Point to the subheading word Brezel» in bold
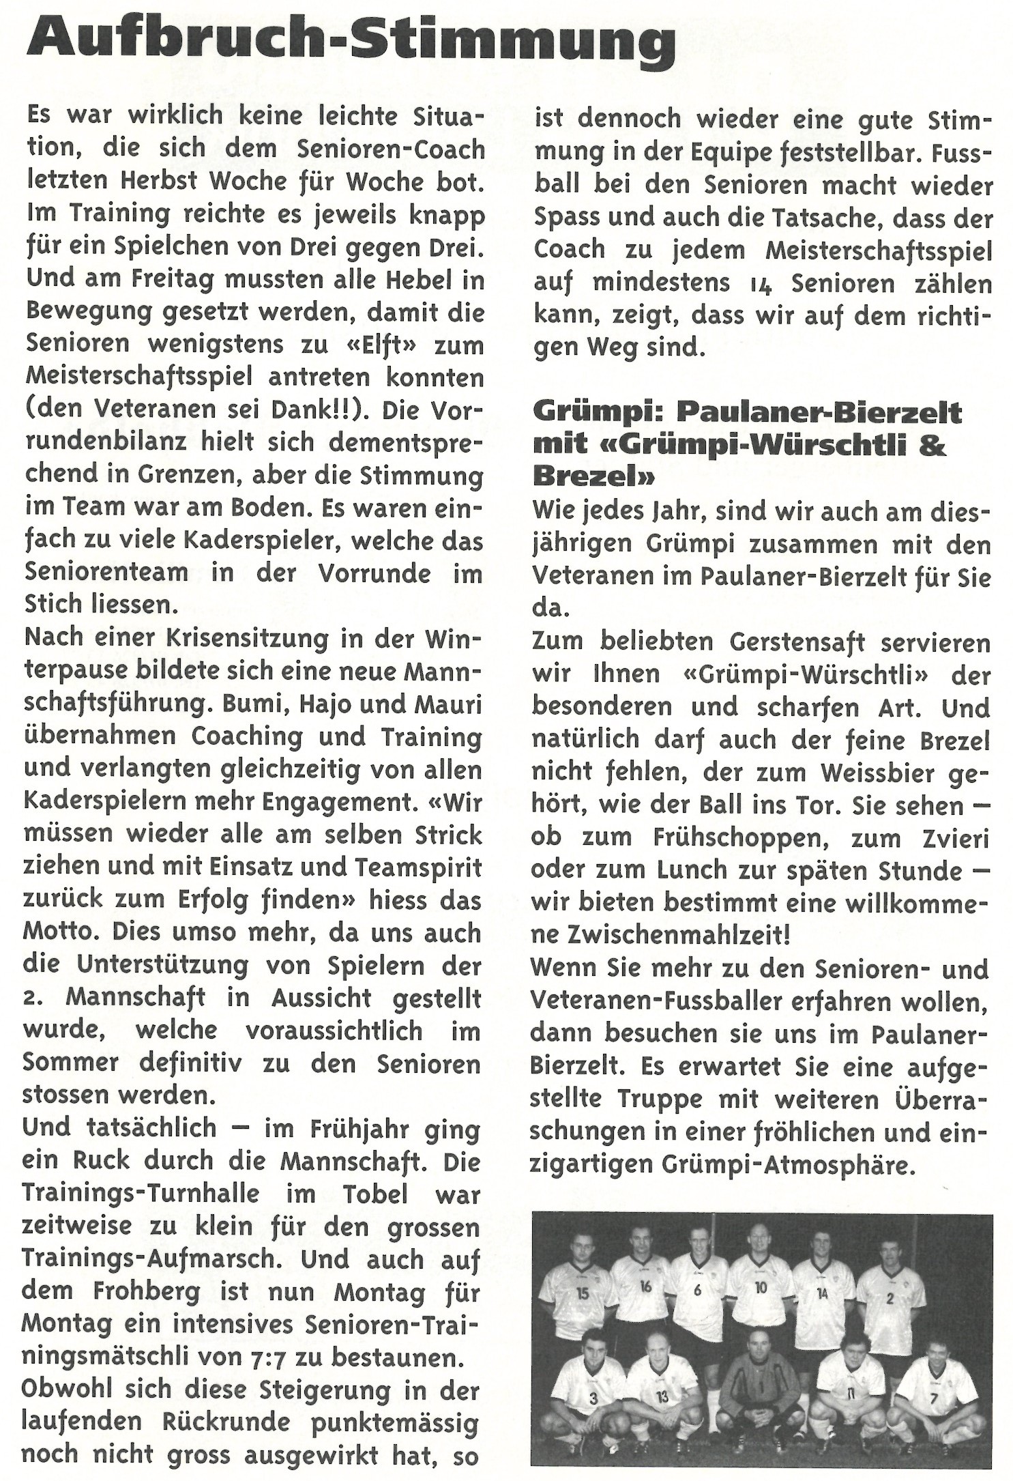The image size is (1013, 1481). click(x=593, y=476)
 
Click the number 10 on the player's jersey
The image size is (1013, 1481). click(x=761, y=1286)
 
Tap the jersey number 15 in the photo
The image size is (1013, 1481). click(x=582, y=1292)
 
